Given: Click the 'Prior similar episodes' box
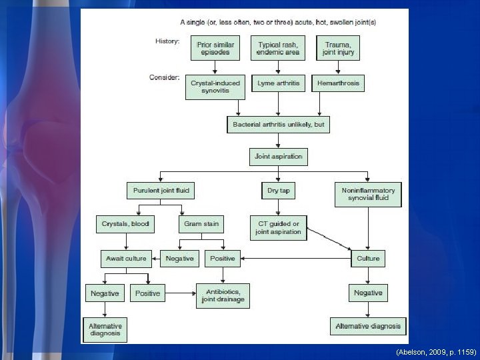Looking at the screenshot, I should (215, 49).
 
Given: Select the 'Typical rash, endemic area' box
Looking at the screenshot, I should (279, 49).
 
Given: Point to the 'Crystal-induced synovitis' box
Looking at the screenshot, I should (215, 87).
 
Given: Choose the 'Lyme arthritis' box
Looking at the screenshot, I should (278, 83).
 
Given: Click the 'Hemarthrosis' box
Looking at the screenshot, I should (338, 83).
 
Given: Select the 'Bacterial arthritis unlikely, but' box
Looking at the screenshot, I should (278, 125).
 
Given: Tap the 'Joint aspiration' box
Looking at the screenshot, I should (278, 157).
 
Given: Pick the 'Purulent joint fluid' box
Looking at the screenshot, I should (161, 191).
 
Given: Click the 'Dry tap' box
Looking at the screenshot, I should (277, 191).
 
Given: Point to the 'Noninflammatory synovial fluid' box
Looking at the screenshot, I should (368, 194).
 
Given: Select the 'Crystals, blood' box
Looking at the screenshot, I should (125, 225).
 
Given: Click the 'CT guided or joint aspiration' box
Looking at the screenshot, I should (278, 228).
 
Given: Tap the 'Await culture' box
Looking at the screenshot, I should (126, 259).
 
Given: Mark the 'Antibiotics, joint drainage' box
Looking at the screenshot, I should (223, 296).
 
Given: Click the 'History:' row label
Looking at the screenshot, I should (167, 41).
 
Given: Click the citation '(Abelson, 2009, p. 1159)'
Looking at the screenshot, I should (436, 351).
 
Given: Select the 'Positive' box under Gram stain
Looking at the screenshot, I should (223, 259).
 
